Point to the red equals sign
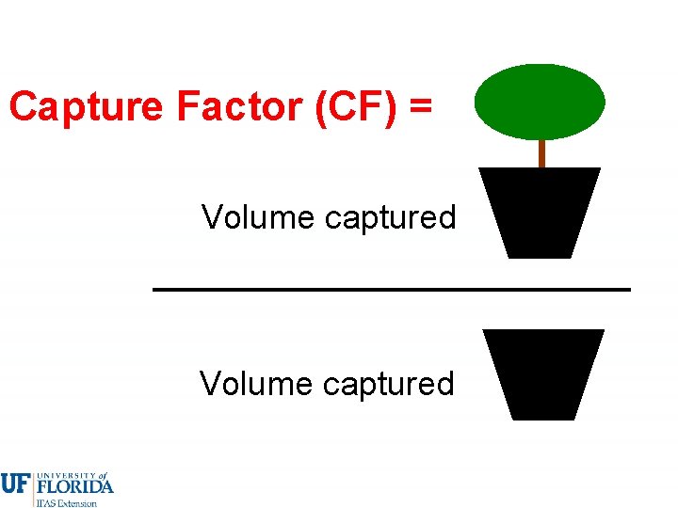[x=421, y=108]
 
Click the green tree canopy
[x=540, y=102]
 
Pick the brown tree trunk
[x=541, y=153]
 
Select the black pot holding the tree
[x=540, y=211]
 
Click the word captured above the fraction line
[x=390, y=218]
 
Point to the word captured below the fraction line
[x=388, y=385]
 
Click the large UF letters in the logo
[x=15, y=484]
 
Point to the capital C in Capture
[x=23, y=107]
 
